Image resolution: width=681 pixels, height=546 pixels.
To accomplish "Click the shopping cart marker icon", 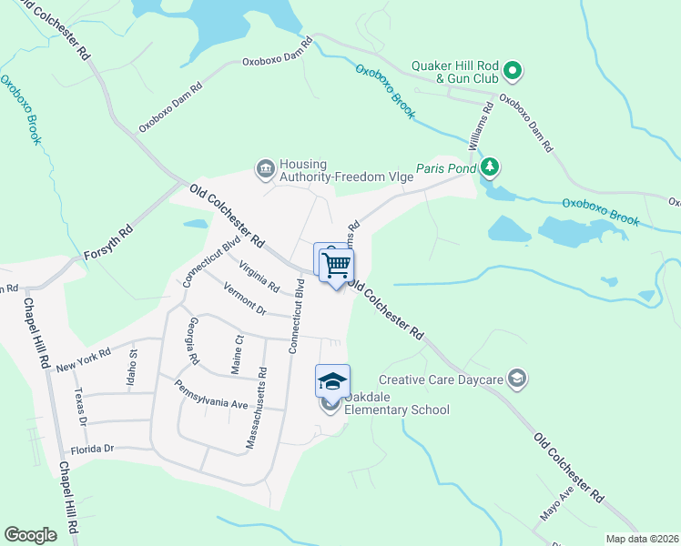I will pos(337,265).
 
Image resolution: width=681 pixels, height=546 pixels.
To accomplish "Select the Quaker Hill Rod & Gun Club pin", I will pos(513,69).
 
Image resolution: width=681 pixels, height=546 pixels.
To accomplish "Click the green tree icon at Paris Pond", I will pos(491,167).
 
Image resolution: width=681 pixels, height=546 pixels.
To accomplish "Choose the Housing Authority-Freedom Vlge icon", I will pos(265,167).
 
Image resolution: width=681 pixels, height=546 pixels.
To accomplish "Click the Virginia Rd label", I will pos(259,276).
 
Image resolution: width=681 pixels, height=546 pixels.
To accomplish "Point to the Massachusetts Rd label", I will pos(254,409).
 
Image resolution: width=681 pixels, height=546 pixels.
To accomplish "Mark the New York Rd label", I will pos(83,359).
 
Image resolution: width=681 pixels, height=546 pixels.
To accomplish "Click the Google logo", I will pos(31,535).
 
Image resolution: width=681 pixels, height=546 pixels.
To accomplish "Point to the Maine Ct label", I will pos(238,353).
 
